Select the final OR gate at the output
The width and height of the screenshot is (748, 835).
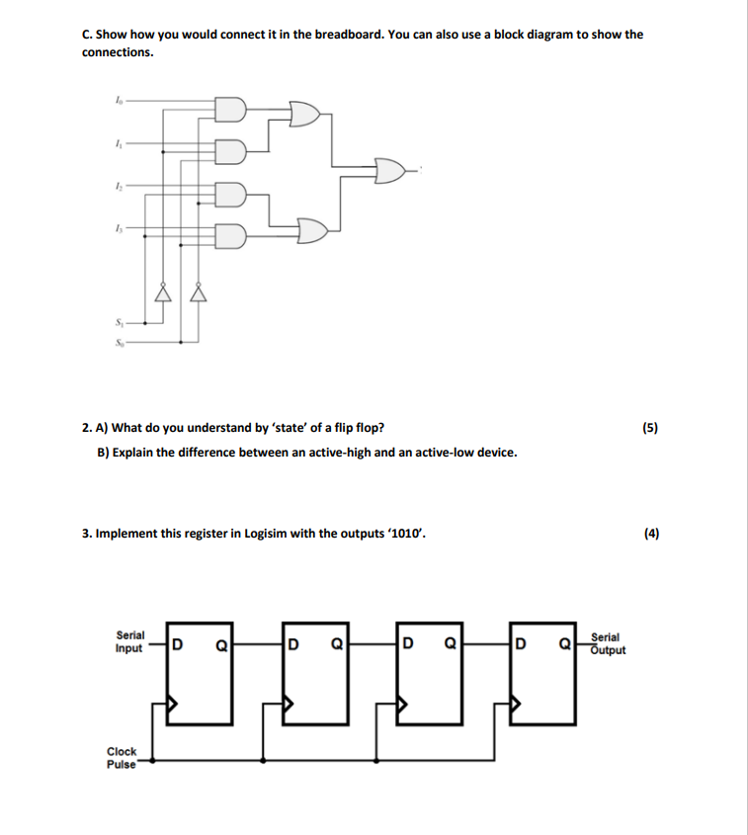pyautogui.click(x=389, y=171)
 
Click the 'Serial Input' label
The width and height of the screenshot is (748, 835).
pyautogui.click(x=129, y=642)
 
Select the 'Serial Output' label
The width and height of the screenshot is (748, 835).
pyautogui.click(x=608, y=644)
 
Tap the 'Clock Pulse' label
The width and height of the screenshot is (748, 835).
pyautogui.click(x=123, y=758)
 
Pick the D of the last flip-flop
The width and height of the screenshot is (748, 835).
pyautogui.click(x=520, y=648)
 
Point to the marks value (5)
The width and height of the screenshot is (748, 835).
pyautogui.click(x=649, y=428)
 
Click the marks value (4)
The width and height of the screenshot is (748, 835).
pyautogui.click(x=650, y=534)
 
